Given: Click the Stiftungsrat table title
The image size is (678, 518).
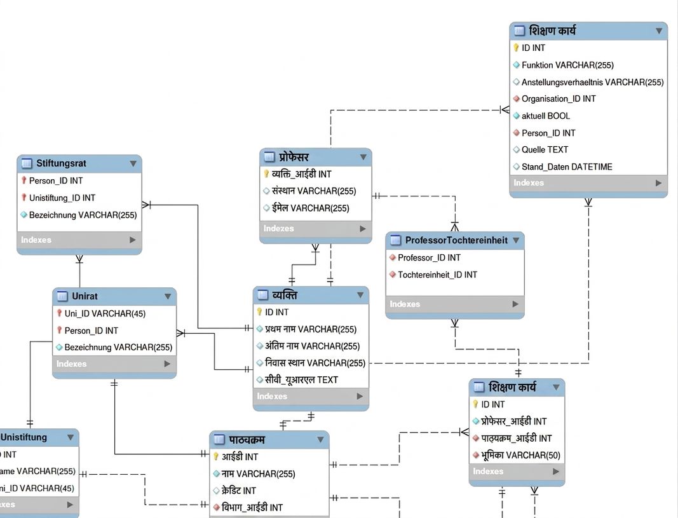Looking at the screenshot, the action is click(61, 163).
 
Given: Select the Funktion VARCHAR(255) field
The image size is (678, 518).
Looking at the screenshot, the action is click(567, 65).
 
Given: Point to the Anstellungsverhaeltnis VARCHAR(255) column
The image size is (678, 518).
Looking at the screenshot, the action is click(592, 82).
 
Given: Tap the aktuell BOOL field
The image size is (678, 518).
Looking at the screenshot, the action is click(546, 116).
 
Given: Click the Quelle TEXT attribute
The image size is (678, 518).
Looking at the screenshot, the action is click(545, 149).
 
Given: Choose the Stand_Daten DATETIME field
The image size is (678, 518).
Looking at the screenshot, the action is click(567, 167).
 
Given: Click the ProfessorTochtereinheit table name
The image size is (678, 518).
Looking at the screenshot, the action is click(456, 240).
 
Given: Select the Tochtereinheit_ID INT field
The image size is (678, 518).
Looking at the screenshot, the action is click(437, 275).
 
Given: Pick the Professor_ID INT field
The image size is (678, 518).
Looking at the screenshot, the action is click(429, 257).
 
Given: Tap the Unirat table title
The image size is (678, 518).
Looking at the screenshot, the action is click(85, 296).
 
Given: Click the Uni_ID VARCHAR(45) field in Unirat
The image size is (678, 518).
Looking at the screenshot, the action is click(105, 313).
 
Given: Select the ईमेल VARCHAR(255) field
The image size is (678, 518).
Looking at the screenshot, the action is click(310, 208).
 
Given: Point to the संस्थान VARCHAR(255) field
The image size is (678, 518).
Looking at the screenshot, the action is click(313, 191).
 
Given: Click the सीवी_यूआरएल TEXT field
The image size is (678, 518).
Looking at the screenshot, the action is click(301, 379).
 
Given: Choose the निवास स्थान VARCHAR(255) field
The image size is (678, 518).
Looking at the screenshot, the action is click(315, 363).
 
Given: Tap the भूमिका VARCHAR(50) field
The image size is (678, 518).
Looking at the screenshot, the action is click(520, 455).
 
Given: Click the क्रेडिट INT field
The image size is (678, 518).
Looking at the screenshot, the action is click(239, 490).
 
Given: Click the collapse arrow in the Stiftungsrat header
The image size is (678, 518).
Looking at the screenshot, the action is click(133, 163).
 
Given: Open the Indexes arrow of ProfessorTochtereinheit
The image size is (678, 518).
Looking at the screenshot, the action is click(515, 304).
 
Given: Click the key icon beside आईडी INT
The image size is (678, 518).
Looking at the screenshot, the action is click(216, 456).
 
